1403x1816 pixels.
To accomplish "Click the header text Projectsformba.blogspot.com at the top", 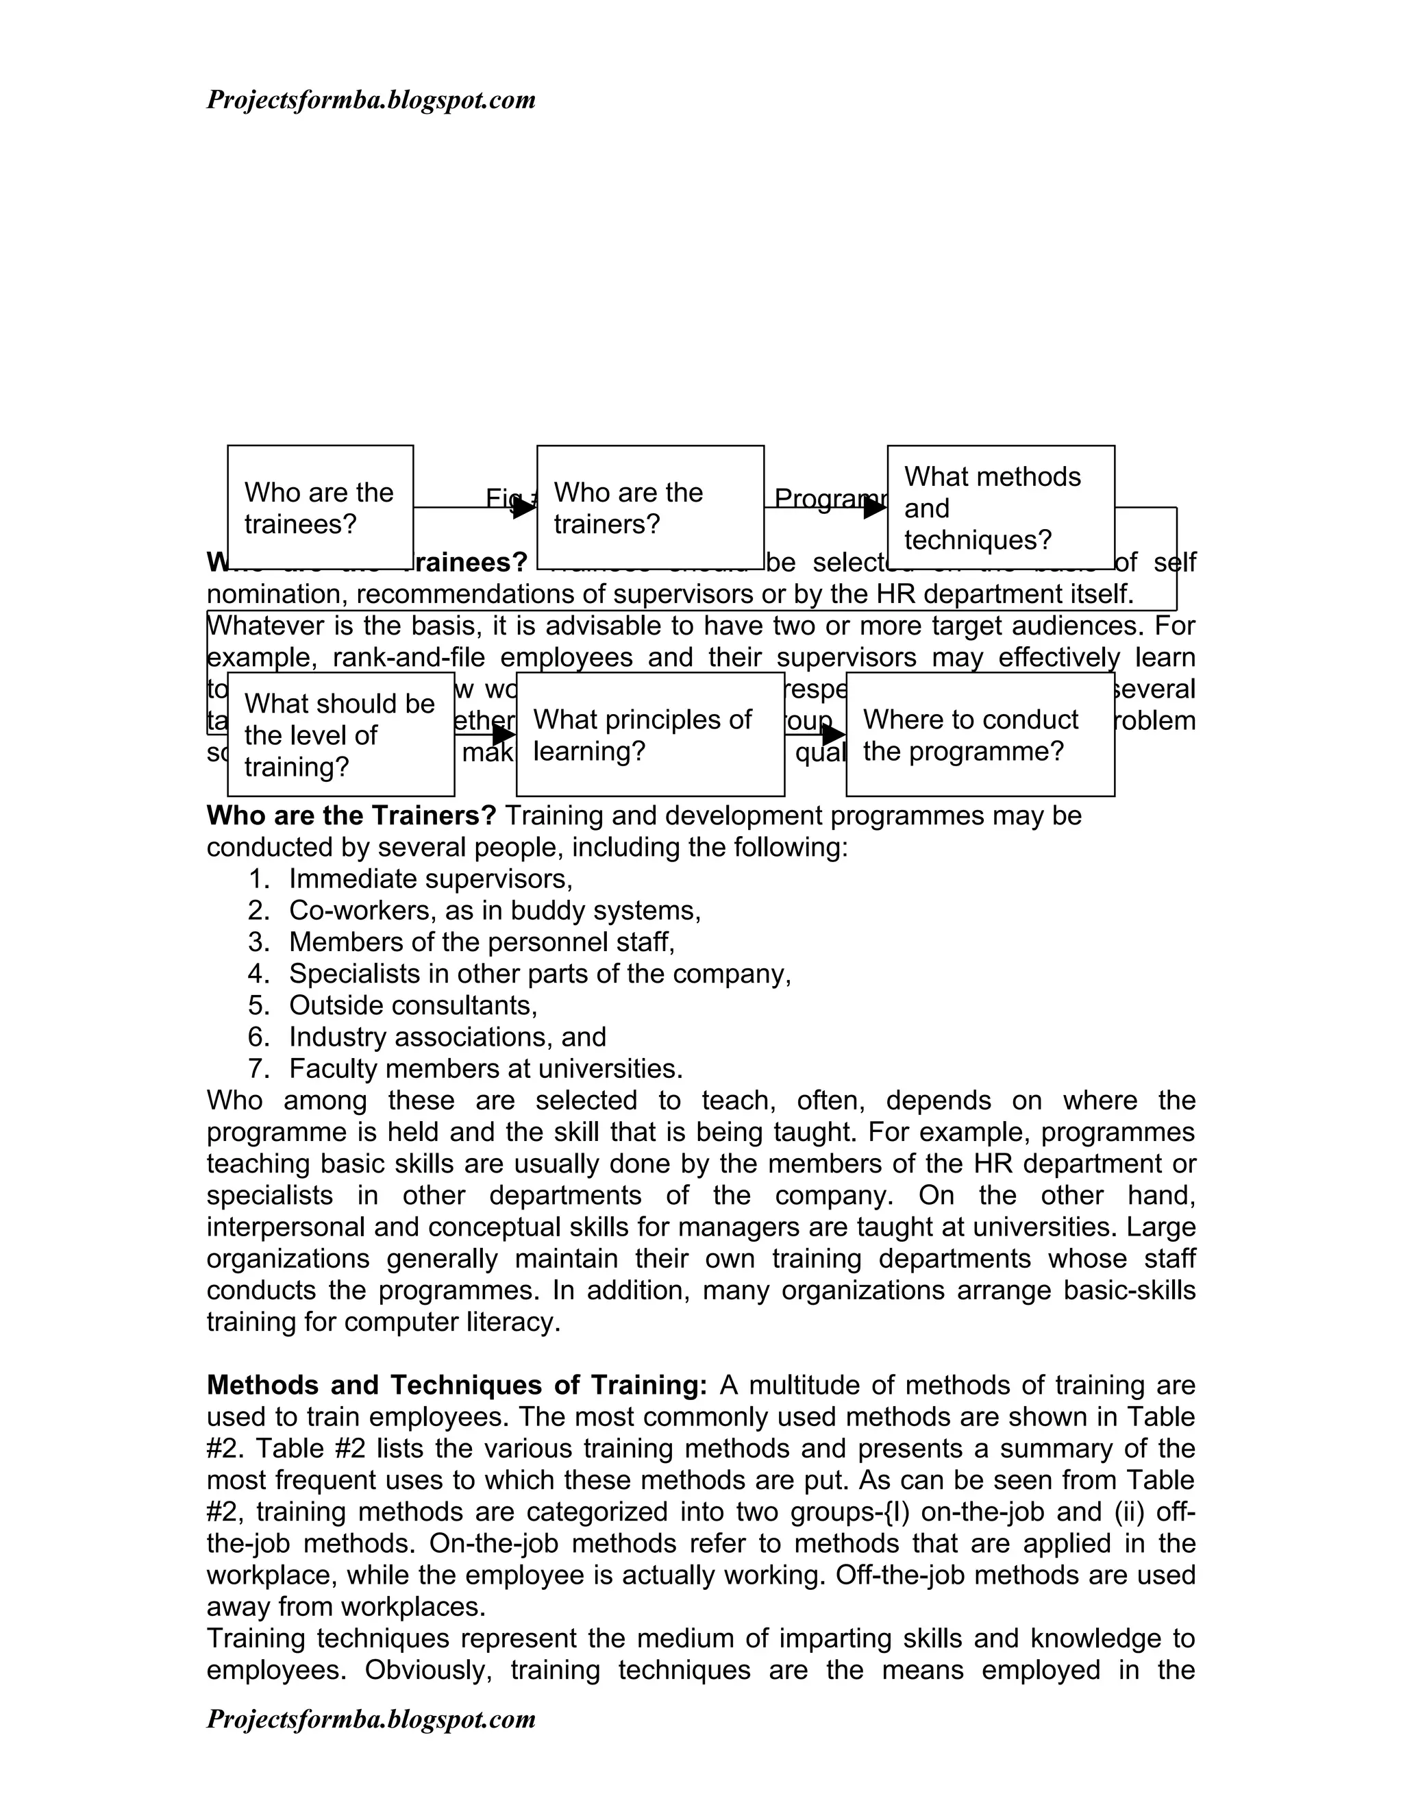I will click(x=371, y=101).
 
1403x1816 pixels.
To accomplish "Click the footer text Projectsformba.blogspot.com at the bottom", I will click(x=371, y=1719).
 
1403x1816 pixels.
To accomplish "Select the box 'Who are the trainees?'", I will click(x=320, y=507).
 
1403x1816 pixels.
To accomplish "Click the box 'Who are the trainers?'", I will click(x=650, y=507).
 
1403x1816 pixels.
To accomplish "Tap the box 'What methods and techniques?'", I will click(x=1001, y=507).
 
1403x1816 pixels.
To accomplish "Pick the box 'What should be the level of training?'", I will click(x=340, y=734).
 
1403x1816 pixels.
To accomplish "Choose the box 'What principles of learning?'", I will click(x=650, y=734).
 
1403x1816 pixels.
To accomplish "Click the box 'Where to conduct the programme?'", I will click(x=980, y=734).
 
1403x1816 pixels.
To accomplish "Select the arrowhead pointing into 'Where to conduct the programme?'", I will click(x=834, y=734).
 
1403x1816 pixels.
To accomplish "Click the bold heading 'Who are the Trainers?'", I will click(x=351, y=815).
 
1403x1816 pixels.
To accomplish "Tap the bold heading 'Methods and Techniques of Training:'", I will click(x=456, y=1385).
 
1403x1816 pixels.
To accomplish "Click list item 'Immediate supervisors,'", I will click(x=430, y=879).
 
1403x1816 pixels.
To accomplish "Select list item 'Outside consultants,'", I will click(x=413, y=1005).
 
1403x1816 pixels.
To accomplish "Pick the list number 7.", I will click(x=258, y=1068).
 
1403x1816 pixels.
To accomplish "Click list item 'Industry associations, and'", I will click(x=447, y=1037).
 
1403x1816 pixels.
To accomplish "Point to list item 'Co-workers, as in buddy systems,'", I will click(x=495, y=911).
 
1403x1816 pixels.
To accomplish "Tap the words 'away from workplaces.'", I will click(x=346, y=1606).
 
